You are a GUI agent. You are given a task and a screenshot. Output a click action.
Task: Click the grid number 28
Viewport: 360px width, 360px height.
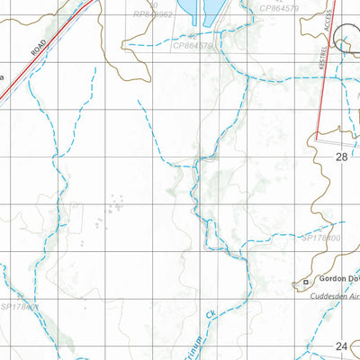click(341, 157)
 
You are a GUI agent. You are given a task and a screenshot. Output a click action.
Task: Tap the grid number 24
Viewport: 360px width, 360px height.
click(341, 346)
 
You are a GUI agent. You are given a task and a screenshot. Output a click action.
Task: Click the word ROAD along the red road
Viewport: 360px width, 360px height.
click(38, 48)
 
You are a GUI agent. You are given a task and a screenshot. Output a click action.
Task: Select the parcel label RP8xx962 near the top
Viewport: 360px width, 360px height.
click(153, 16)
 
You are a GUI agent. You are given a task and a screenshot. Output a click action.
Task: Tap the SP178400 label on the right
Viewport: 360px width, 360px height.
click(320, 238)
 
